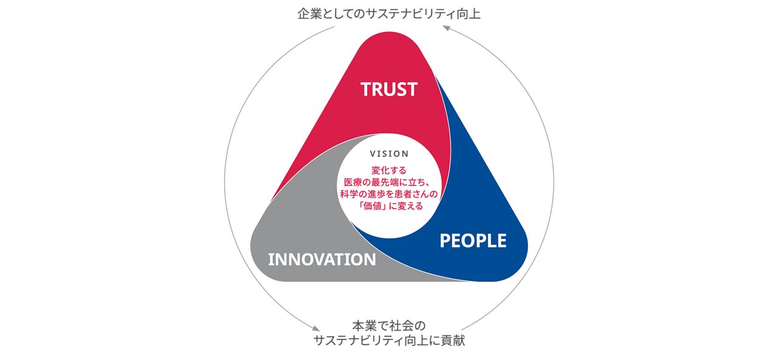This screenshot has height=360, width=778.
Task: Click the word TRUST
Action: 389,89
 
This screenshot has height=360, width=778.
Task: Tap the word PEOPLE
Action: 473,241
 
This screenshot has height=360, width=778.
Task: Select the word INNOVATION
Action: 322,260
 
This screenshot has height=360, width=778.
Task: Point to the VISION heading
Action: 390,154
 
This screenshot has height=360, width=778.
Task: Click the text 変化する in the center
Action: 389,170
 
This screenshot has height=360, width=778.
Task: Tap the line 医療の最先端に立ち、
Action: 388,182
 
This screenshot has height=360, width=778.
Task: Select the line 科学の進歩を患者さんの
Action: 389,194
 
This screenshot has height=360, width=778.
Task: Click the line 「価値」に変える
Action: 389,206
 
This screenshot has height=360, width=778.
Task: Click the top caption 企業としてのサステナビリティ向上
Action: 389,14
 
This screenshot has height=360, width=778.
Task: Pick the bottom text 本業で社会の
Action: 389,326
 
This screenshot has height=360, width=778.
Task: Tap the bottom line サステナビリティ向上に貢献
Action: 389,341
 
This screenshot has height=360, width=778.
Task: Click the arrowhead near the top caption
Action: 446,28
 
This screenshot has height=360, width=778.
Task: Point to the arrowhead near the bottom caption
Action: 315,328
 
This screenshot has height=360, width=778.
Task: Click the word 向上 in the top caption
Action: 469,14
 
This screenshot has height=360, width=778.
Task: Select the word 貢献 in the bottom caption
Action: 453,341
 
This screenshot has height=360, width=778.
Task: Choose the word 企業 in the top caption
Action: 310,14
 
